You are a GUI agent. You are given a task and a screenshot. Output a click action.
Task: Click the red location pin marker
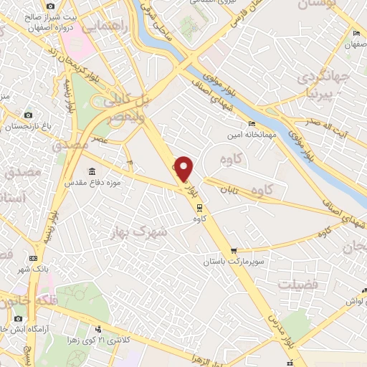[x=184, y=168]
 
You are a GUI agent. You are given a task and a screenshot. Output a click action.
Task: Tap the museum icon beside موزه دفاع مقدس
[x=92, y=171]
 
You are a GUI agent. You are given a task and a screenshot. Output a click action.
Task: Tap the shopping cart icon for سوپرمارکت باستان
[x=234, y=252]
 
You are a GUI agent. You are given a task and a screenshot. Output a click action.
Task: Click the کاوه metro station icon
[x=199, y=208]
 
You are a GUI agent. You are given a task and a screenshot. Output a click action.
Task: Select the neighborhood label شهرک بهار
[x=139, y=232]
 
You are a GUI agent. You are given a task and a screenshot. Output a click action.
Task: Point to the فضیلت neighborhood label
[x=298, y=284]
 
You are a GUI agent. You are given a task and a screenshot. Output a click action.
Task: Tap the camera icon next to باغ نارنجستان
[x=29, y=115]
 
